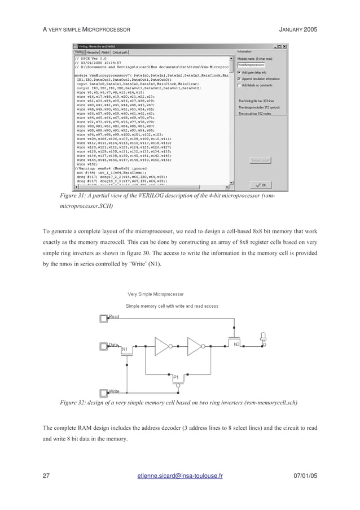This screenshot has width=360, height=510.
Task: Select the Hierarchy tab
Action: (93, 52)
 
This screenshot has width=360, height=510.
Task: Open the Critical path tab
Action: (121, 52)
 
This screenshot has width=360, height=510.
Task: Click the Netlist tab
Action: (106, 52)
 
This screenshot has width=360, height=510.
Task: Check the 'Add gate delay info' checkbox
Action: (239, 72)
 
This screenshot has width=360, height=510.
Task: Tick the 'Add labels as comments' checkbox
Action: (239, 85)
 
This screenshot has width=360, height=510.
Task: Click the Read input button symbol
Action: (103, 319)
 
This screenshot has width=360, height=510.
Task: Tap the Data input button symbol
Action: (103, 345)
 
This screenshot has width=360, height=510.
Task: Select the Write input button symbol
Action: (103, 393)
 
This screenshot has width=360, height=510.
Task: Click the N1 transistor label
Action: (125, 350)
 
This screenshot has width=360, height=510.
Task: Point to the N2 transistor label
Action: (237, 344)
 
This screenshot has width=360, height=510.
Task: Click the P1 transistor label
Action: (175, 377)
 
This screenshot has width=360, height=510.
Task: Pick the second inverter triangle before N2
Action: (195, 345)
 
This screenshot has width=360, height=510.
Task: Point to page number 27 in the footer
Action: (47, 476)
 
